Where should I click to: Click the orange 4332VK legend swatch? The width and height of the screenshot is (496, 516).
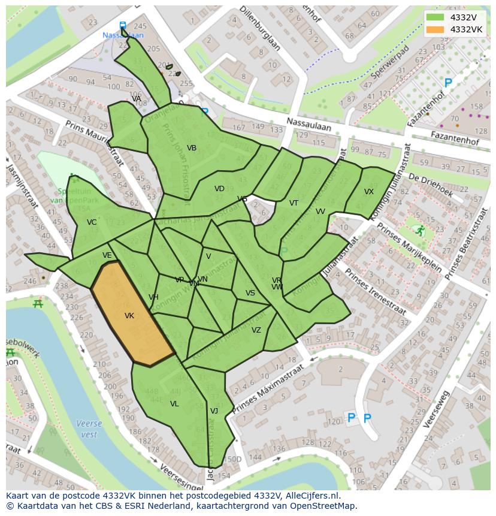(x=435, y=29)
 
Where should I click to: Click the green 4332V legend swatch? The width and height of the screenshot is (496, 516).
(x=435, y=17)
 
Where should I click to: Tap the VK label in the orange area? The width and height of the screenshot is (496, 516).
(x=129, y=316)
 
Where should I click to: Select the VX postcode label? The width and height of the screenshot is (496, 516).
(x=369, y=192)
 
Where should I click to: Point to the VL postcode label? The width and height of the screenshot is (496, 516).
(x=174, y=404)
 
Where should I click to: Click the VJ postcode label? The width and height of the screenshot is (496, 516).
(x=214, y=411)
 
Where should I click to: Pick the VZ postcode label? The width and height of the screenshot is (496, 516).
(x=256, y=330)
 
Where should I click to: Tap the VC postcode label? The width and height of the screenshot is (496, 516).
(x=92, y=222)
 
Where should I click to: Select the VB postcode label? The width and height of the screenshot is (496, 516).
(x=192, y=148)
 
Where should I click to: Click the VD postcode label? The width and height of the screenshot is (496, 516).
(x=219, y=189)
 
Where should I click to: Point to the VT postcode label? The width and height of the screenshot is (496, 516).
(x=294, y=203)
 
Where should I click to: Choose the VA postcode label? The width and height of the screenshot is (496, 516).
(x=137, y=99)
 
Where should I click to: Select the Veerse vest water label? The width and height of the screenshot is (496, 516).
(x=89, y=429)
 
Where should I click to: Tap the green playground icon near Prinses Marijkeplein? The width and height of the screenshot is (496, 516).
(x=420, y=230)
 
